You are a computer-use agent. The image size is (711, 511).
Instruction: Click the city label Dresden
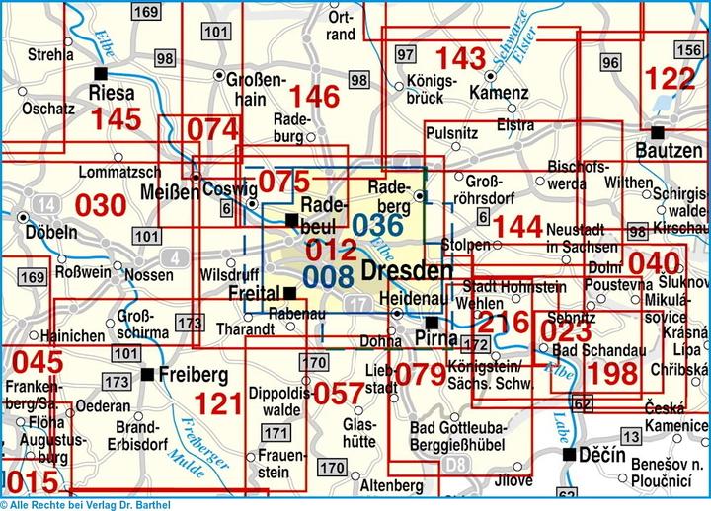click(x=407, y=270)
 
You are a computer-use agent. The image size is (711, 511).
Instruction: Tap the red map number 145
click(x=116, y=119)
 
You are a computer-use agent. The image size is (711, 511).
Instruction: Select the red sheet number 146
click(x=315, y=97)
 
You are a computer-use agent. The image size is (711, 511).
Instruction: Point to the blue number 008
click(x=328, y=275)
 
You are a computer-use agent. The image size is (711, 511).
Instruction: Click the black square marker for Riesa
click(x=100, y=74)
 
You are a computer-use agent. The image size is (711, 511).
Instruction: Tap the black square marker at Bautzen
click(x=658, y=131)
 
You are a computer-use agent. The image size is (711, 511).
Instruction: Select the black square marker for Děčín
click(x=570, y=455)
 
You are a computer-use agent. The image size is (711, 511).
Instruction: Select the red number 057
click(x=339, y=393)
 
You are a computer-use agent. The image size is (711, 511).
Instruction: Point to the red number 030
click(x=101, y=205)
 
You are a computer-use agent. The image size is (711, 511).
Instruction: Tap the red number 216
click(x=504, y=321)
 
